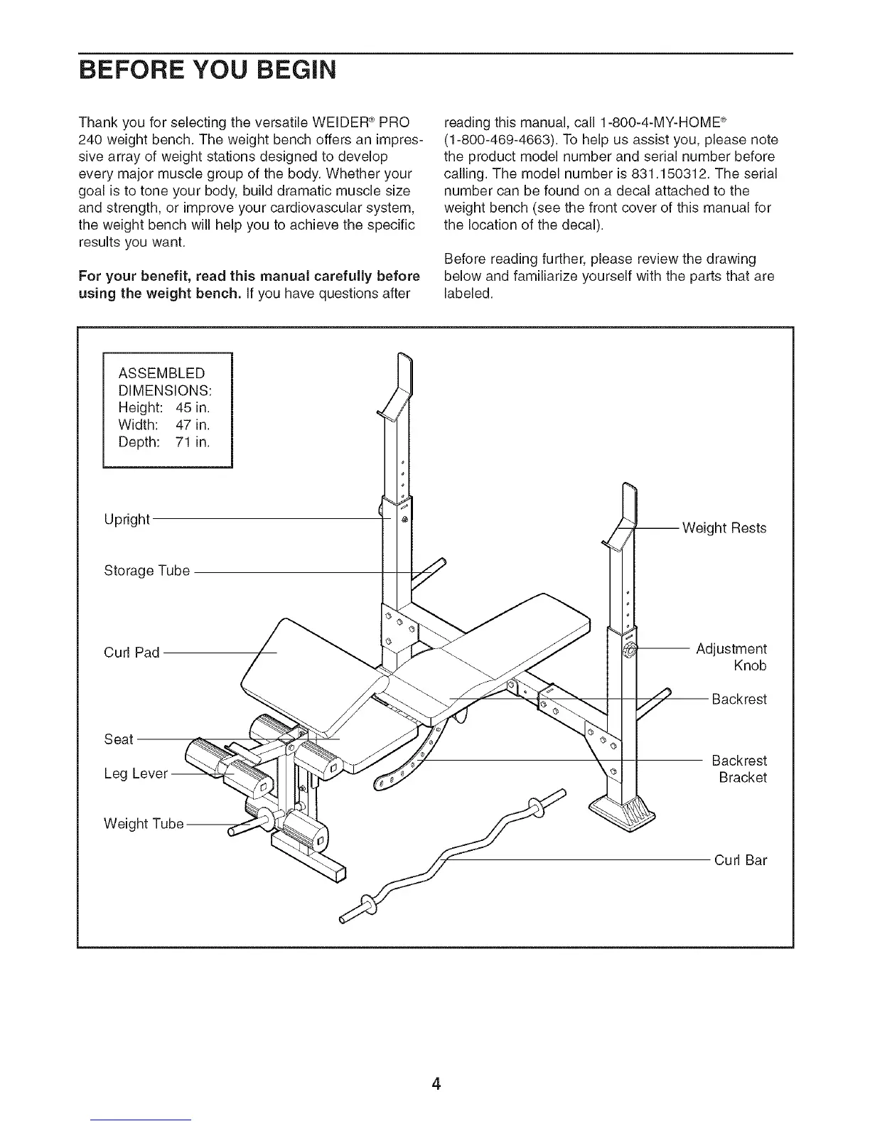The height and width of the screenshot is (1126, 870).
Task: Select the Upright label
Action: [127, 520]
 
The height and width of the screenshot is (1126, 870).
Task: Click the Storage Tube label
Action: [147, 571]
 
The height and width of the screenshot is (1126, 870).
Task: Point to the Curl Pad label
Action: [131, 653]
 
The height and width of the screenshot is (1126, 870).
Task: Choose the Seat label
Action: [119, 739]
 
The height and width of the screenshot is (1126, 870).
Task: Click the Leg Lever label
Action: [136, 773]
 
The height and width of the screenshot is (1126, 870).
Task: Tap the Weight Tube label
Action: [144, 824]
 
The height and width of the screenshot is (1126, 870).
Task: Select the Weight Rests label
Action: [724, 528]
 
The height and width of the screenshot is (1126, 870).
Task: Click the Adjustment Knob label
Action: [732, 658]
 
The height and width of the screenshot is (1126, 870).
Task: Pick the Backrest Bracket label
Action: [740, 769]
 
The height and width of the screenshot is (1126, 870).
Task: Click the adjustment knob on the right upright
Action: [630, 650]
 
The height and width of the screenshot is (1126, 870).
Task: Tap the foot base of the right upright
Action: [624, 810]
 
